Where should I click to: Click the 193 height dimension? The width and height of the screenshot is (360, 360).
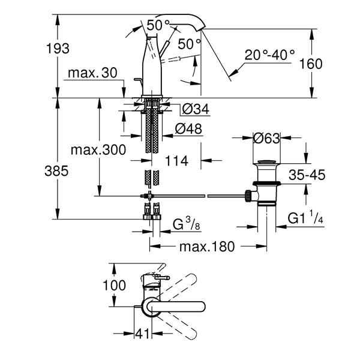[x=58, y=49]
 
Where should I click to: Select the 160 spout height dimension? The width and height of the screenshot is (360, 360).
[x=311, y=64]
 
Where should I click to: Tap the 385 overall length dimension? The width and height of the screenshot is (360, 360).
[x=56, y=171]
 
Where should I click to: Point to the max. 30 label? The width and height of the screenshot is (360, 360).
[x=92, y=73]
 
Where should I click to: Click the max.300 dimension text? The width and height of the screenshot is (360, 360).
[x=98, y=150]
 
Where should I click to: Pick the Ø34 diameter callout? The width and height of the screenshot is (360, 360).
[x=196, y=109]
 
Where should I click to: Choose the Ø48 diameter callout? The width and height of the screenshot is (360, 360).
[x=188, y=129]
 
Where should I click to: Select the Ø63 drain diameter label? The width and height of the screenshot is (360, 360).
[x=266, y=138]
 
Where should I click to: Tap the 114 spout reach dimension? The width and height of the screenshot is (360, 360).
[x=176, y=161]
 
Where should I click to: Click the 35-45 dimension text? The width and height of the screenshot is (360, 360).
[x=307, y=175]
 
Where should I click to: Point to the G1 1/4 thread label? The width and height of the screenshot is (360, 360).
[x=305, y=218]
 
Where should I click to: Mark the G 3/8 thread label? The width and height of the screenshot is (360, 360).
[x=186, y=224]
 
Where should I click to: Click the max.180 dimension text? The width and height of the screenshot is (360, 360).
[x=207, y=247]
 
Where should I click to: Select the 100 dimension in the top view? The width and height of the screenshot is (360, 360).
[x=114, y=286]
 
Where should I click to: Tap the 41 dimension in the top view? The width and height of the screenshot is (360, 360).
[x=142, y=334]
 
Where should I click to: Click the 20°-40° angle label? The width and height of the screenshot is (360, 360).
[x=269, y=55]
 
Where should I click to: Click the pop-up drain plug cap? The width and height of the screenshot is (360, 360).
[x=266, y=161]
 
